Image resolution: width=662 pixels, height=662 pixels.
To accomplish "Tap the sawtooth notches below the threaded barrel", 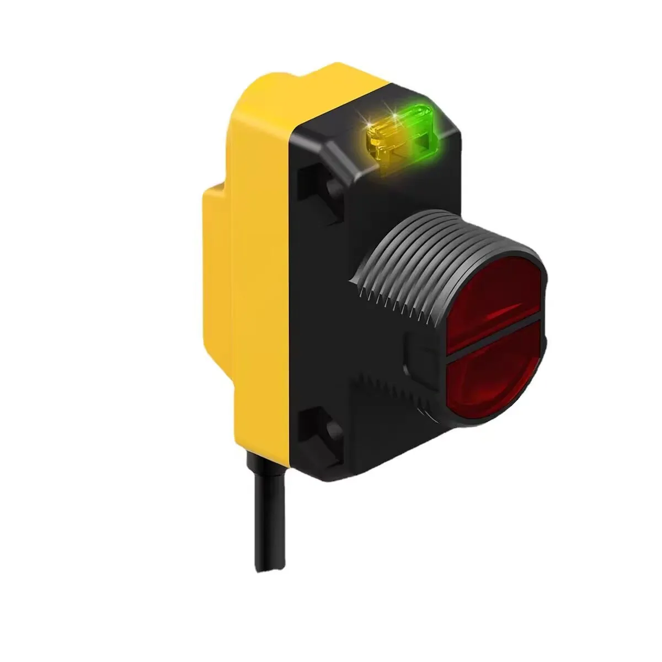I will (x=386, y=386).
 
